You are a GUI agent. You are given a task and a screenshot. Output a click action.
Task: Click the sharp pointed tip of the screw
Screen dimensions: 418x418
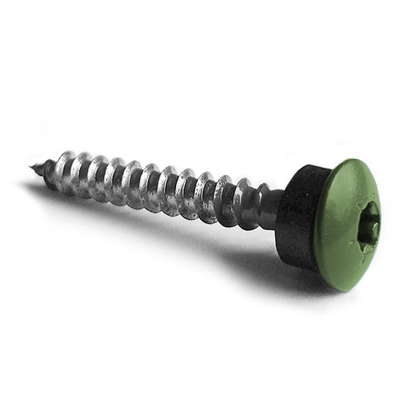(x=32, y=167)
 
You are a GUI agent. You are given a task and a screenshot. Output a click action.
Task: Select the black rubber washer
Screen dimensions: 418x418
(x=298, y=216)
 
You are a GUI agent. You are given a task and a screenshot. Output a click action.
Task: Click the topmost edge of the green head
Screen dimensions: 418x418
(x=352, y=160)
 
